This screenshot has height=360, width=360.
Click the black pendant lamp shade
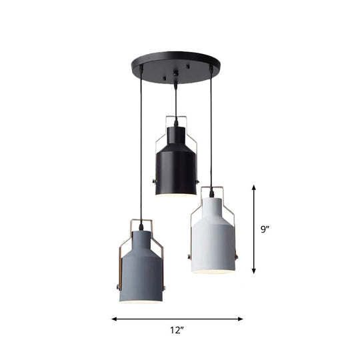point(177,167)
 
